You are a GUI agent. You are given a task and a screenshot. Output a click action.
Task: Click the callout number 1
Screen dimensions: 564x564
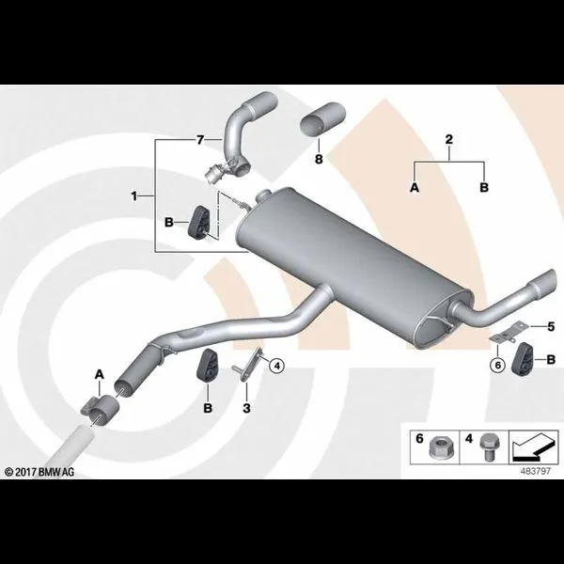click(134, 196)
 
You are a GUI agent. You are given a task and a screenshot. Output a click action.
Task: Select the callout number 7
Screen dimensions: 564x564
click(200, 139)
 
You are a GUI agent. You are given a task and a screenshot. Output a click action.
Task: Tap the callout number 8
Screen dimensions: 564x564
click(319, 159)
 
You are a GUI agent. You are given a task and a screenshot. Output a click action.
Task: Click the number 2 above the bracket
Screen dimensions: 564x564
click(449, 139)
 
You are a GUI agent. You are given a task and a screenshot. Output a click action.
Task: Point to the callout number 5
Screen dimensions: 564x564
click(551, 326)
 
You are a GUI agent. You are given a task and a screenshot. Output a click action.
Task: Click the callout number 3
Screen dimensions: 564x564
click(246, 408)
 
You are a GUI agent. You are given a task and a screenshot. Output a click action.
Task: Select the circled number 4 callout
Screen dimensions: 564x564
click(276, 367)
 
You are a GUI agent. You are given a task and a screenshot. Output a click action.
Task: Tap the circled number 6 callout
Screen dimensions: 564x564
click(498, 365)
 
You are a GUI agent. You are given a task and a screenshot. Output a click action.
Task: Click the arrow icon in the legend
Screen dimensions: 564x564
click(532, 447)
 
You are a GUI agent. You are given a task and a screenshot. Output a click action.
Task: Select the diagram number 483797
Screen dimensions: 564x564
click(536, 471)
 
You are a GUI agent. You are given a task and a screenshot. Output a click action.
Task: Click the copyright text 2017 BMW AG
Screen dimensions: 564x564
click(39, 472)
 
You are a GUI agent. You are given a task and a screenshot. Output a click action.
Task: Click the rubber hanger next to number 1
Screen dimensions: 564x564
click(198, 222)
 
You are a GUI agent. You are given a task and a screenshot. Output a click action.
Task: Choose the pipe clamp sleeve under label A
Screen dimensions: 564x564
click(100, 408)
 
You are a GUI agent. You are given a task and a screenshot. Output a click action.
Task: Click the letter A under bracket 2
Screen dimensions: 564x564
click(415, 187)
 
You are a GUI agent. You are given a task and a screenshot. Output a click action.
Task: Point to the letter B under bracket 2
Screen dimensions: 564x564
click(484, 187)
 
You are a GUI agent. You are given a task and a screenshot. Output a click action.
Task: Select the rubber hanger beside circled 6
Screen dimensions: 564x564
click(522, 359)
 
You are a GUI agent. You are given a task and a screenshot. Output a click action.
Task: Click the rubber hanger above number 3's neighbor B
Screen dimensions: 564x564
click(206, 364)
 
